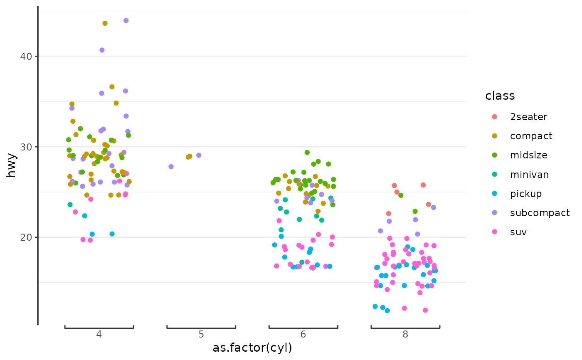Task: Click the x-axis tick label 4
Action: tap(99, 334)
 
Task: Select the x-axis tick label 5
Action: tap(201, 334)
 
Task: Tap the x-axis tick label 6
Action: tap(303, 334)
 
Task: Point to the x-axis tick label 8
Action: tap(405, 334)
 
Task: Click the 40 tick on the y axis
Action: tap(26, 56)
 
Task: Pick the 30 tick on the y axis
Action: tap(26, 147)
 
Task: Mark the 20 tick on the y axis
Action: tap(26, 237)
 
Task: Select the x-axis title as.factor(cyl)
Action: tap(252, 348)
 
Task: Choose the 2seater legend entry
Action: tap(528, 117)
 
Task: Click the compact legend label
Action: tap(531, 136)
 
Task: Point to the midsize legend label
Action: tap(528, 155)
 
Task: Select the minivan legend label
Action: tap(529, 175)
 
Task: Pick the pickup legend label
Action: tap(525, 194)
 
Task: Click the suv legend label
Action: tap(518, 232)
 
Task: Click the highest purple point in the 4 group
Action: tap(126, 21)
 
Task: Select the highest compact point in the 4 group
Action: tap(105, 23)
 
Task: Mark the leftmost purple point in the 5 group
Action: tap(171, 167)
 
